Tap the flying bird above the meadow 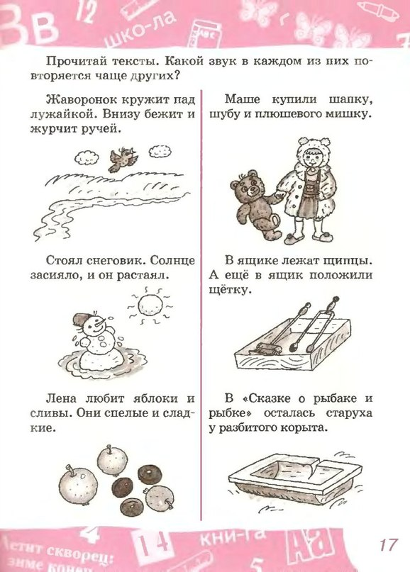[x=123, y=159]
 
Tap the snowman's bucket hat [x=81, y=320]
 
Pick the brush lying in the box [x=265, y=349]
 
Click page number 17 [x=388, y=544]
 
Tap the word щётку [x=230, y=290]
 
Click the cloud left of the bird [x=87, y=157]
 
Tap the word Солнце [x=172, y=261]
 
